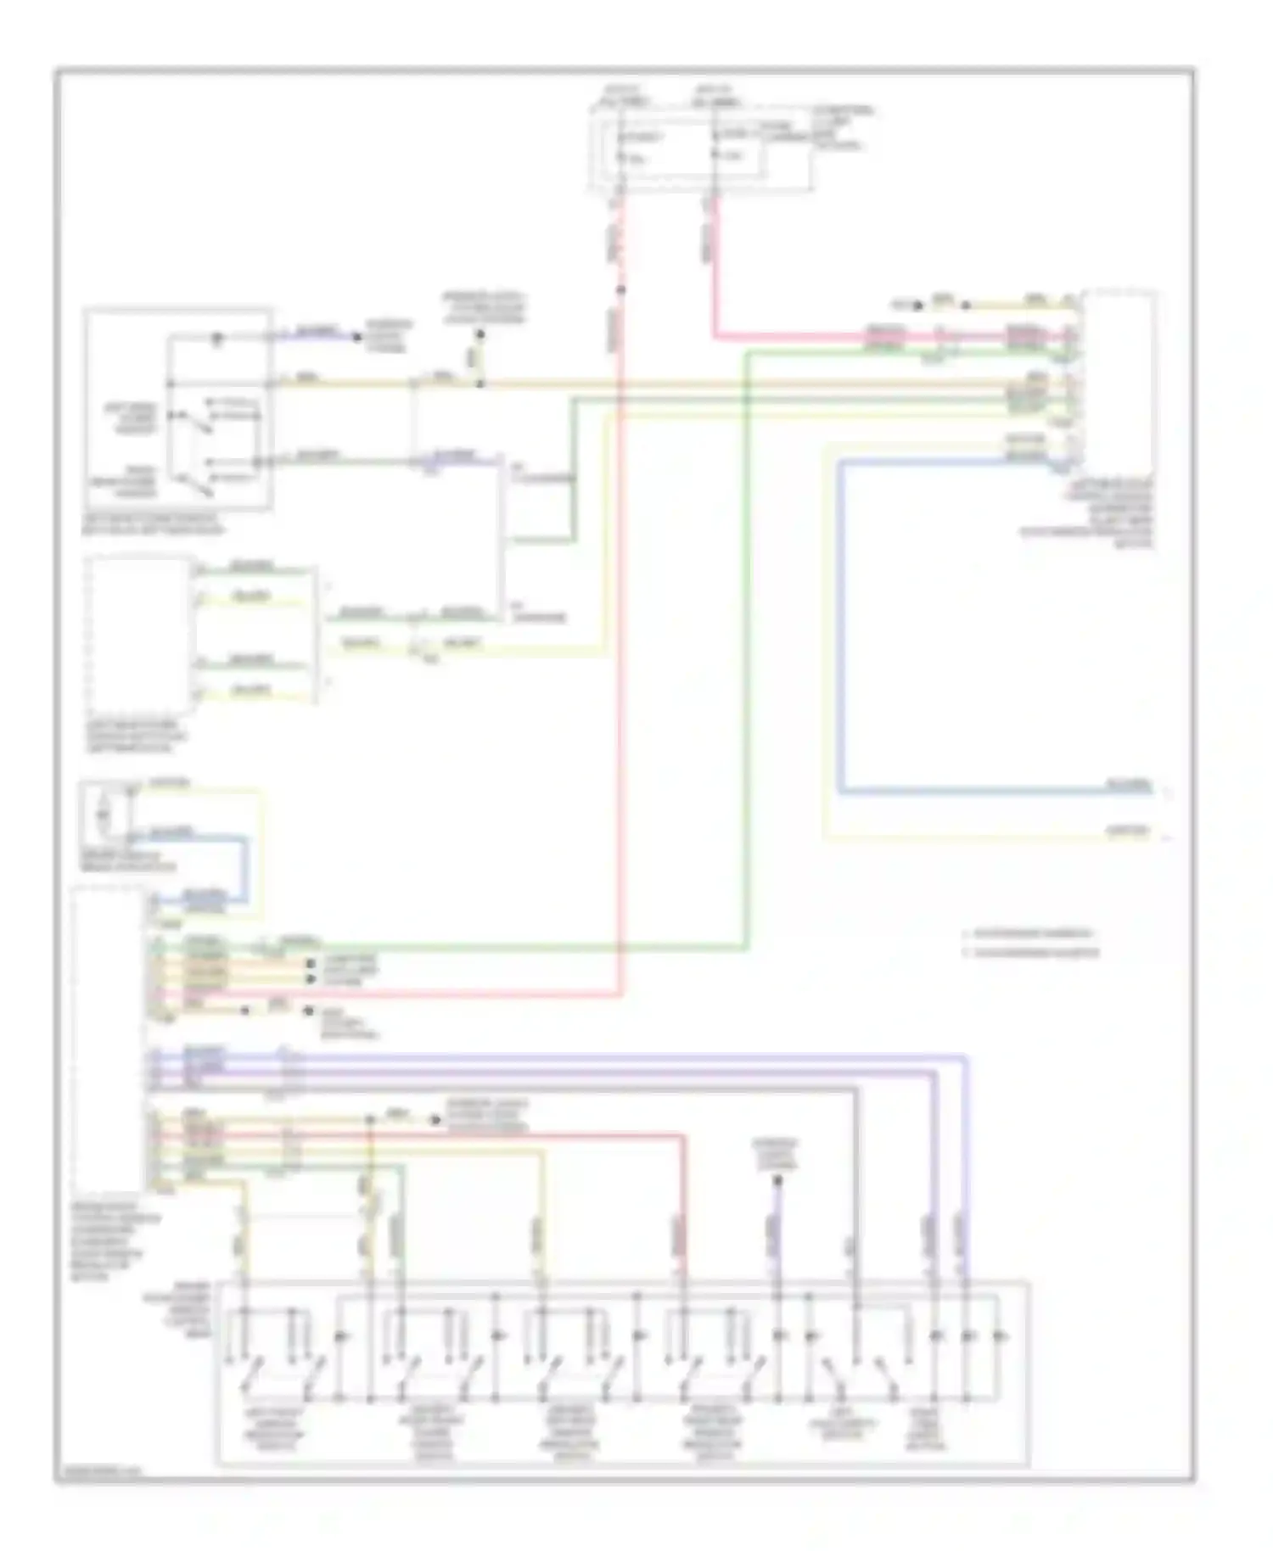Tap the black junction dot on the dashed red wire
(620, 290)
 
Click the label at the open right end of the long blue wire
(1129, 785)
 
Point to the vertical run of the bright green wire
(745, 645)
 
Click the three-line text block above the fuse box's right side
(840, 127)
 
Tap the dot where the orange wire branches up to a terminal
(479, 384)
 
